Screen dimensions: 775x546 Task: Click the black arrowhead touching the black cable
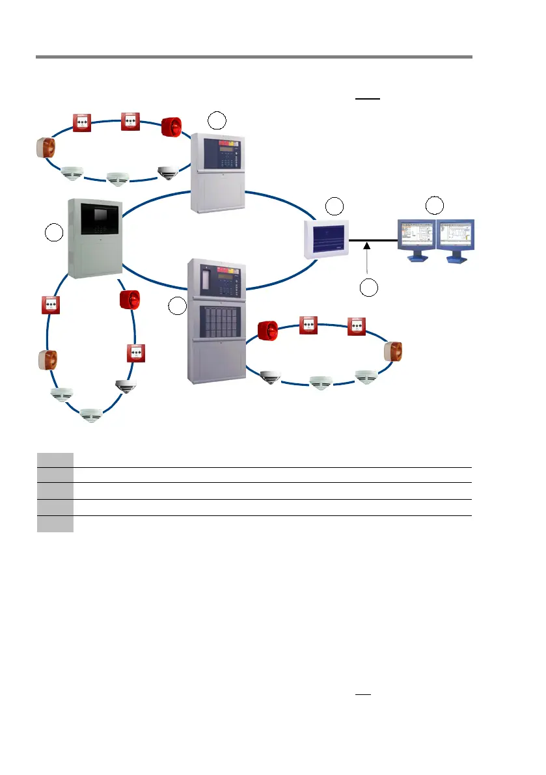368,245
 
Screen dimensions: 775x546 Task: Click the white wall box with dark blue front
328,239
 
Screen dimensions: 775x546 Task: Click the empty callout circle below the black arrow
369,288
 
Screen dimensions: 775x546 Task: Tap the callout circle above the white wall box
334,206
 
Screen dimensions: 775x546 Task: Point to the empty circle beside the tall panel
176,306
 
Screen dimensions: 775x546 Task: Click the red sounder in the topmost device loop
171,126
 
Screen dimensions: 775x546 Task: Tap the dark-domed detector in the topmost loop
167,172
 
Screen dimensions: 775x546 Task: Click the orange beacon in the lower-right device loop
393,352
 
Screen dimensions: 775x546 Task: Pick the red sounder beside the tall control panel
267,331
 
